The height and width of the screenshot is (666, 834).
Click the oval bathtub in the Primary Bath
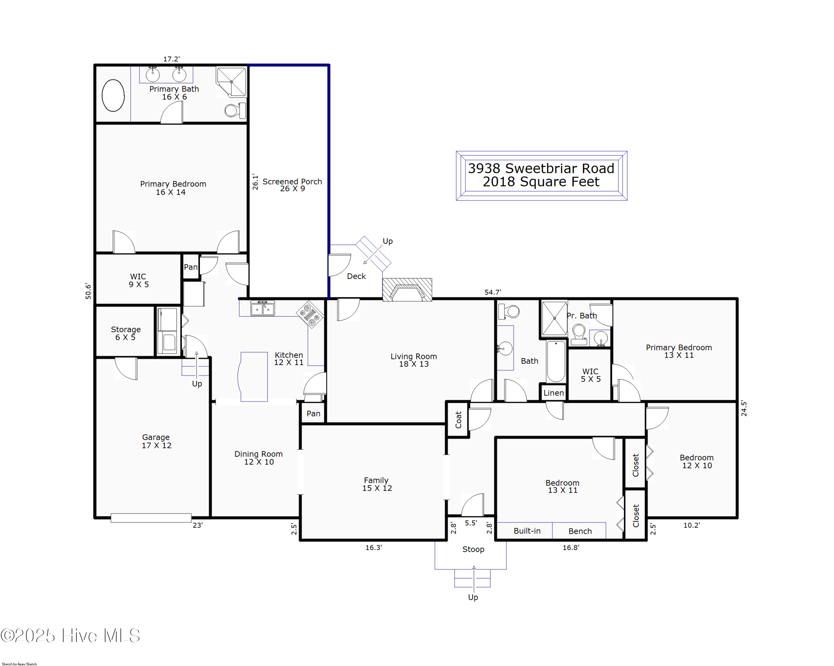point(113,95)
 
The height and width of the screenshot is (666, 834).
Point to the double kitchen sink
point(263,309)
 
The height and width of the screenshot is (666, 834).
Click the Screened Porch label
point(292,185)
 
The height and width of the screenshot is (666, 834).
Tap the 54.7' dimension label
point(492,292)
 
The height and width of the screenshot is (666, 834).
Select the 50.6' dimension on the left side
point(88,291)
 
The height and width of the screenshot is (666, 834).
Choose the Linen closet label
point(553,393)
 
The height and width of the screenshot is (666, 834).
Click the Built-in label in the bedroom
point(527,531)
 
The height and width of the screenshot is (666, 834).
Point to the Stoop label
point(473,549)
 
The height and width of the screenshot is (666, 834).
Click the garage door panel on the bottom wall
point(151,518)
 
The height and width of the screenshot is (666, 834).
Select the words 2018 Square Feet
point(541,182)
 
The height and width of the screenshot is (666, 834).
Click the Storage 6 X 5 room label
point(126,333)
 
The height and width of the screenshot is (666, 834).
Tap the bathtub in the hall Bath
point(556,362)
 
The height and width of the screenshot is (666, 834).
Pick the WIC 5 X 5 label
point(590,375)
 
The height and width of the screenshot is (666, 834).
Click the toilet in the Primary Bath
point(234,110)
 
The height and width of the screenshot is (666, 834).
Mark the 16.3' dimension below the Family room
point(373,547)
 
